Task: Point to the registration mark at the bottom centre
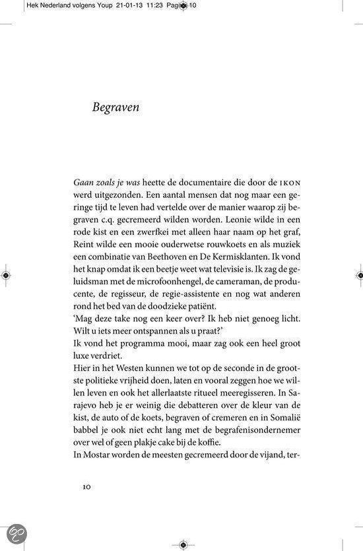tap(182, 544)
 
